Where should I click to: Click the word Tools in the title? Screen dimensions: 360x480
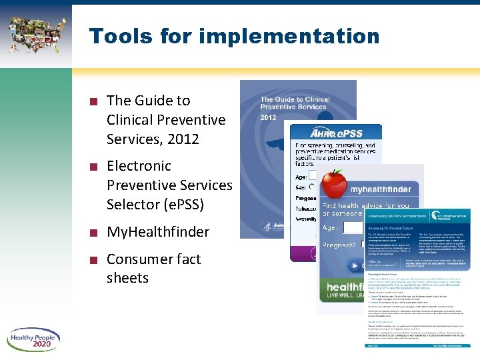[118, 36]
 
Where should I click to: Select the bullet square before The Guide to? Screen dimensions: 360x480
[95, 102]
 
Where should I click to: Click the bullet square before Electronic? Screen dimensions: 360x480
[95, 167]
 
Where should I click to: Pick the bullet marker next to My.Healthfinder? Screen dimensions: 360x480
[95, 233]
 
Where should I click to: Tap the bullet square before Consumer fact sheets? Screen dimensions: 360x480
[95, 260]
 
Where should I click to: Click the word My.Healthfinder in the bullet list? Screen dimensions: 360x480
[158, 232]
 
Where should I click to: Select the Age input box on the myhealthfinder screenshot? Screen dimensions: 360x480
[352, 229]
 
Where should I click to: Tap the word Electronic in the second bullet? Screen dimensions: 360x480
[139, 165]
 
